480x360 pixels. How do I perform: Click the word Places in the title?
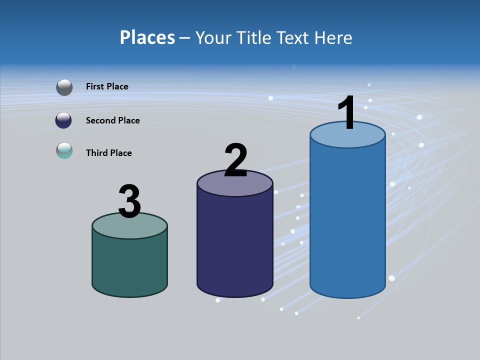click(147, 37)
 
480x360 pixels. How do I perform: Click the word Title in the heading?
click(255, 37)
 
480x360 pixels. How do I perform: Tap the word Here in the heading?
click(334, 37)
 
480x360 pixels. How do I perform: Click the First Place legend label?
click(107, 86)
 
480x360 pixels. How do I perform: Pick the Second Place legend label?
click(112, 120)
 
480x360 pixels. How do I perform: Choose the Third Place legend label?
click(108, 153)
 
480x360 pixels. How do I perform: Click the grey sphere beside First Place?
click(64, 87)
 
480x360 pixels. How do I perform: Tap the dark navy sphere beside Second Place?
click(63, 120)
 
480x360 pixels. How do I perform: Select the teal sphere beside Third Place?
click(64, 150)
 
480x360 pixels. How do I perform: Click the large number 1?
click(347, 113)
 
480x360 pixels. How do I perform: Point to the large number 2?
click(235, 160)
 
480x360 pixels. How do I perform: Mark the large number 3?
click(130, 201)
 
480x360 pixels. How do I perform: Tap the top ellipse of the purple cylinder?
click(235, 186)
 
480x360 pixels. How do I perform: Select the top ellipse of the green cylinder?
click(130, 227)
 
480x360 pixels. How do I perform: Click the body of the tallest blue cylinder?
click(347, 220)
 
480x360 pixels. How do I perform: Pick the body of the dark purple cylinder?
click(235, 245)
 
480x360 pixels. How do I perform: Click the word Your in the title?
click(214, 37)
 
